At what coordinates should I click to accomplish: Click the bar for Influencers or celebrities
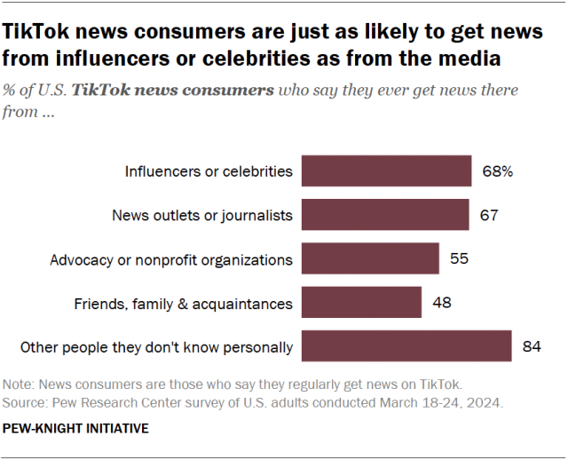386,171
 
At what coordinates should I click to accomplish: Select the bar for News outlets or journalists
385,215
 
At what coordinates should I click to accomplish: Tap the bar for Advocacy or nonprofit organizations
370,259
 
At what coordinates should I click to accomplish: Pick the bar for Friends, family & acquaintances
361,303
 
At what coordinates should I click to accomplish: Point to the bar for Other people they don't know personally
406,346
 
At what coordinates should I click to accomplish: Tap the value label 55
458,259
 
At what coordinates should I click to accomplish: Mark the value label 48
440,303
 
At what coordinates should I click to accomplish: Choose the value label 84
532,346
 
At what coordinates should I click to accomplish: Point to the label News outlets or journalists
202,215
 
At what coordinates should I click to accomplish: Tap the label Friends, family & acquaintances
183,303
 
